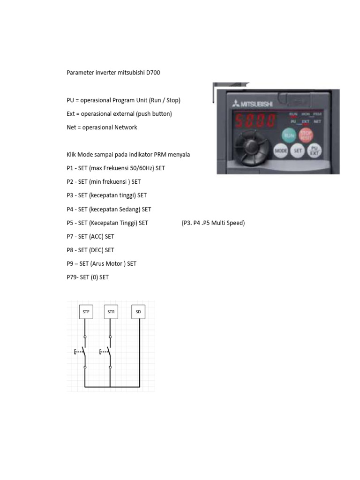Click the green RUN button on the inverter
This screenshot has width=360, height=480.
click(289, 136)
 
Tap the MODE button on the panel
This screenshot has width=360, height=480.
click(281, 151)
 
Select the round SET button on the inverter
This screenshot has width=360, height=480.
click(298, 151)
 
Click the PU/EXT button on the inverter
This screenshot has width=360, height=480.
click(315, 150)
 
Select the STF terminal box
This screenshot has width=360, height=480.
click(85, 311)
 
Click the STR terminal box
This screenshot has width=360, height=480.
click(111, 311)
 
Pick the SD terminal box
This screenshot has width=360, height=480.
click(138, 311)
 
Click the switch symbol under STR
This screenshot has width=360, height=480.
click(108, 352)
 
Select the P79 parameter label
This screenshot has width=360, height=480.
click(72, 277)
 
